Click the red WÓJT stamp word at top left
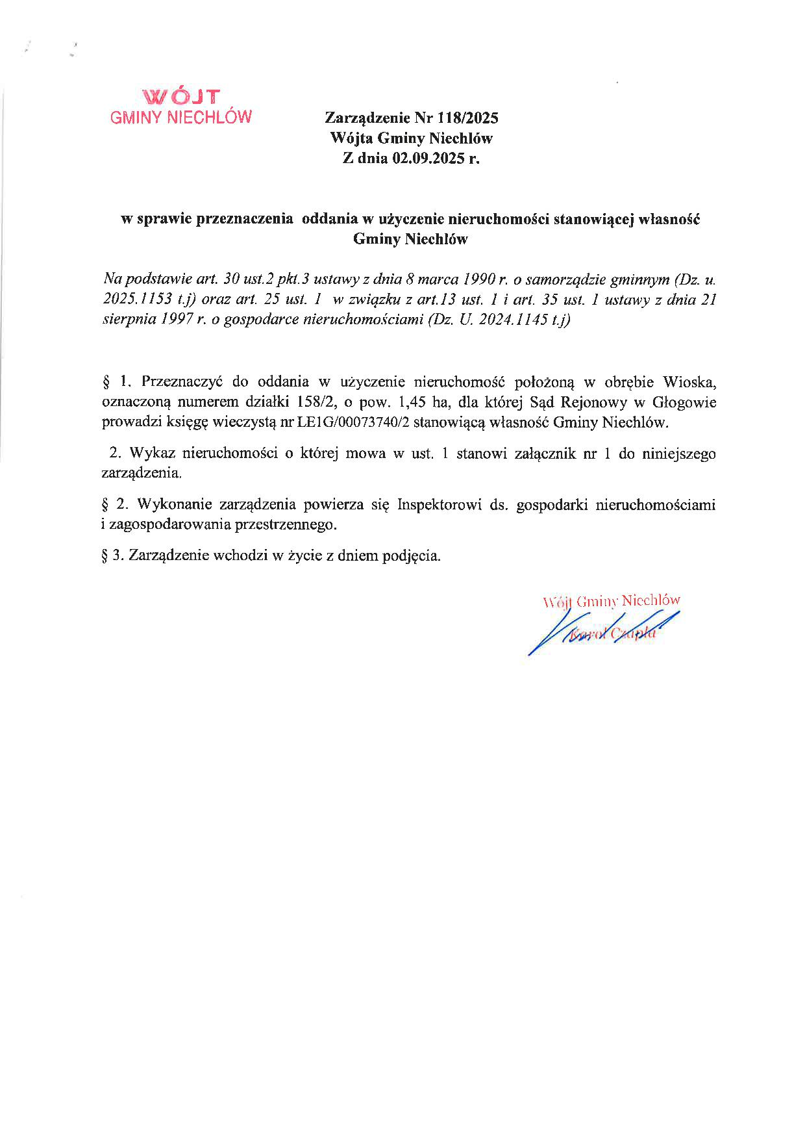[x=182, y=97]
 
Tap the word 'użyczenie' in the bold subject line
[x=408, y=219]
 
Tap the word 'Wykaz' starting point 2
[x=152, y=454]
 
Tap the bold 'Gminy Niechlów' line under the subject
[x=410, y=239]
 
